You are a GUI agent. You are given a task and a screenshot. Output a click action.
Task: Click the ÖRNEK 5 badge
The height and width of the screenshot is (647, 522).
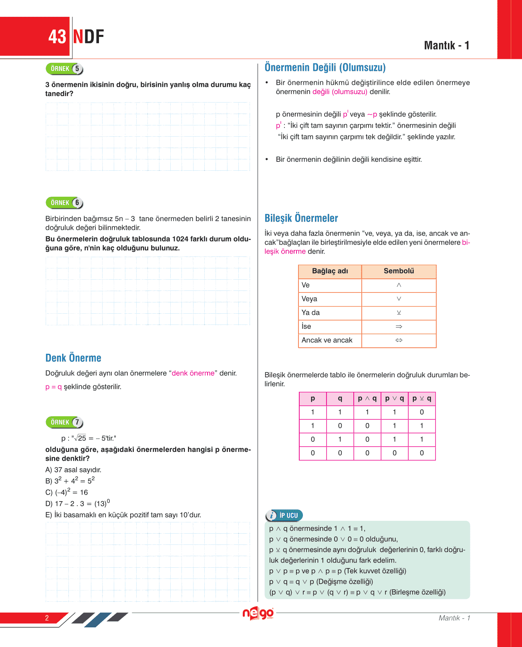tap(64, 69)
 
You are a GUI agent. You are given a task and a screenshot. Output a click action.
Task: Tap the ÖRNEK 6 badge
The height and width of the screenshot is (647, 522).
tap(64, 203)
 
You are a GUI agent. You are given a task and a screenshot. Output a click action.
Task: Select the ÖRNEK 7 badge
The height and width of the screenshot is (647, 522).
tap(64, 422)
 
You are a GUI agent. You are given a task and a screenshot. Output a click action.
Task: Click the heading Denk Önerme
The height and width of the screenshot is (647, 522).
tap(73, 358)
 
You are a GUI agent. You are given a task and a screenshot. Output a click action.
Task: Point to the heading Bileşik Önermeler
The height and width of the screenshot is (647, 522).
tap(301, 218)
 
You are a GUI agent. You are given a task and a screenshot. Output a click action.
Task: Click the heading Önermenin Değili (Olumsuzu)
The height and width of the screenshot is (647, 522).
tap(325, 67)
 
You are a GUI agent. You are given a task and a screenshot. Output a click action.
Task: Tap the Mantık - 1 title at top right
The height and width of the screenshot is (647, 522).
tap(446, 45)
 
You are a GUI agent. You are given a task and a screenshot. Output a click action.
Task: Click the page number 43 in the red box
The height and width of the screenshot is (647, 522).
tap(57, 37)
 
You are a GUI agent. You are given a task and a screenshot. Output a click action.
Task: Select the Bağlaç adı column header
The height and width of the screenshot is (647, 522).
tap(330, 271)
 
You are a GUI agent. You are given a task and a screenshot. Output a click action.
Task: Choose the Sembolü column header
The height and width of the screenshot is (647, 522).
tap(399, 271)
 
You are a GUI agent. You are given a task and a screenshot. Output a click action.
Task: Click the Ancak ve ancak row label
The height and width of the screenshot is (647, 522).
tap(327, 340)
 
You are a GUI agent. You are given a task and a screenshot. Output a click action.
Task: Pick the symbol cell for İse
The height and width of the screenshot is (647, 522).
tap(399, 327)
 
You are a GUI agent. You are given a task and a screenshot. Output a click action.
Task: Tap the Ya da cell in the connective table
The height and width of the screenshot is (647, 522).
tap(310, 312)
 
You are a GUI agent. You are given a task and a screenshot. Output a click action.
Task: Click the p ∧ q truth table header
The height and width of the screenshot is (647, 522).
tap(367, 399)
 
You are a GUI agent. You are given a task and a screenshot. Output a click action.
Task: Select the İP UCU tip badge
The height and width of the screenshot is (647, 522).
tap(284, 515)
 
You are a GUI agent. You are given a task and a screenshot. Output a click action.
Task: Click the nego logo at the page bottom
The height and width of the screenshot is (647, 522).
tap(258, 613)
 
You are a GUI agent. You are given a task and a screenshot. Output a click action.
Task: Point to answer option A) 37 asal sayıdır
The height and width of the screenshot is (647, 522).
tap(73, 470)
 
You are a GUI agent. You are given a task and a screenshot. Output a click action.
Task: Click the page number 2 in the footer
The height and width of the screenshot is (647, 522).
tap(47, 618)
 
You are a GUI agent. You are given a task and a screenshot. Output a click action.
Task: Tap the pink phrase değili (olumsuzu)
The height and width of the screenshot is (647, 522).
tap(340, 92)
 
